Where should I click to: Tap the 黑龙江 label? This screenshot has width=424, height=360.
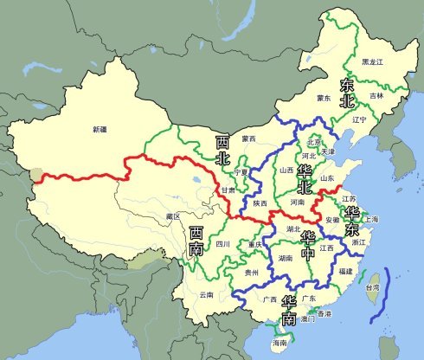click(x=372, y=62)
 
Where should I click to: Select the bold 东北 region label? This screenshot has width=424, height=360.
click(x=348, y=93)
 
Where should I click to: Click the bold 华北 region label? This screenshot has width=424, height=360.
click(x=304, y=178)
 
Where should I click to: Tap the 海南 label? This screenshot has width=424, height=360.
click(x=279, y=344)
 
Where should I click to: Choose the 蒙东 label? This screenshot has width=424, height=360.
click(x=324, y=98)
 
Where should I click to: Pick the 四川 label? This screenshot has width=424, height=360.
click(x=223, y=245)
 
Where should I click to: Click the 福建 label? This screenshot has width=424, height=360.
click(x=346, y=272)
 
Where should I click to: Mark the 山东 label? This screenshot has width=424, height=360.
click(x=327, y=178)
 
